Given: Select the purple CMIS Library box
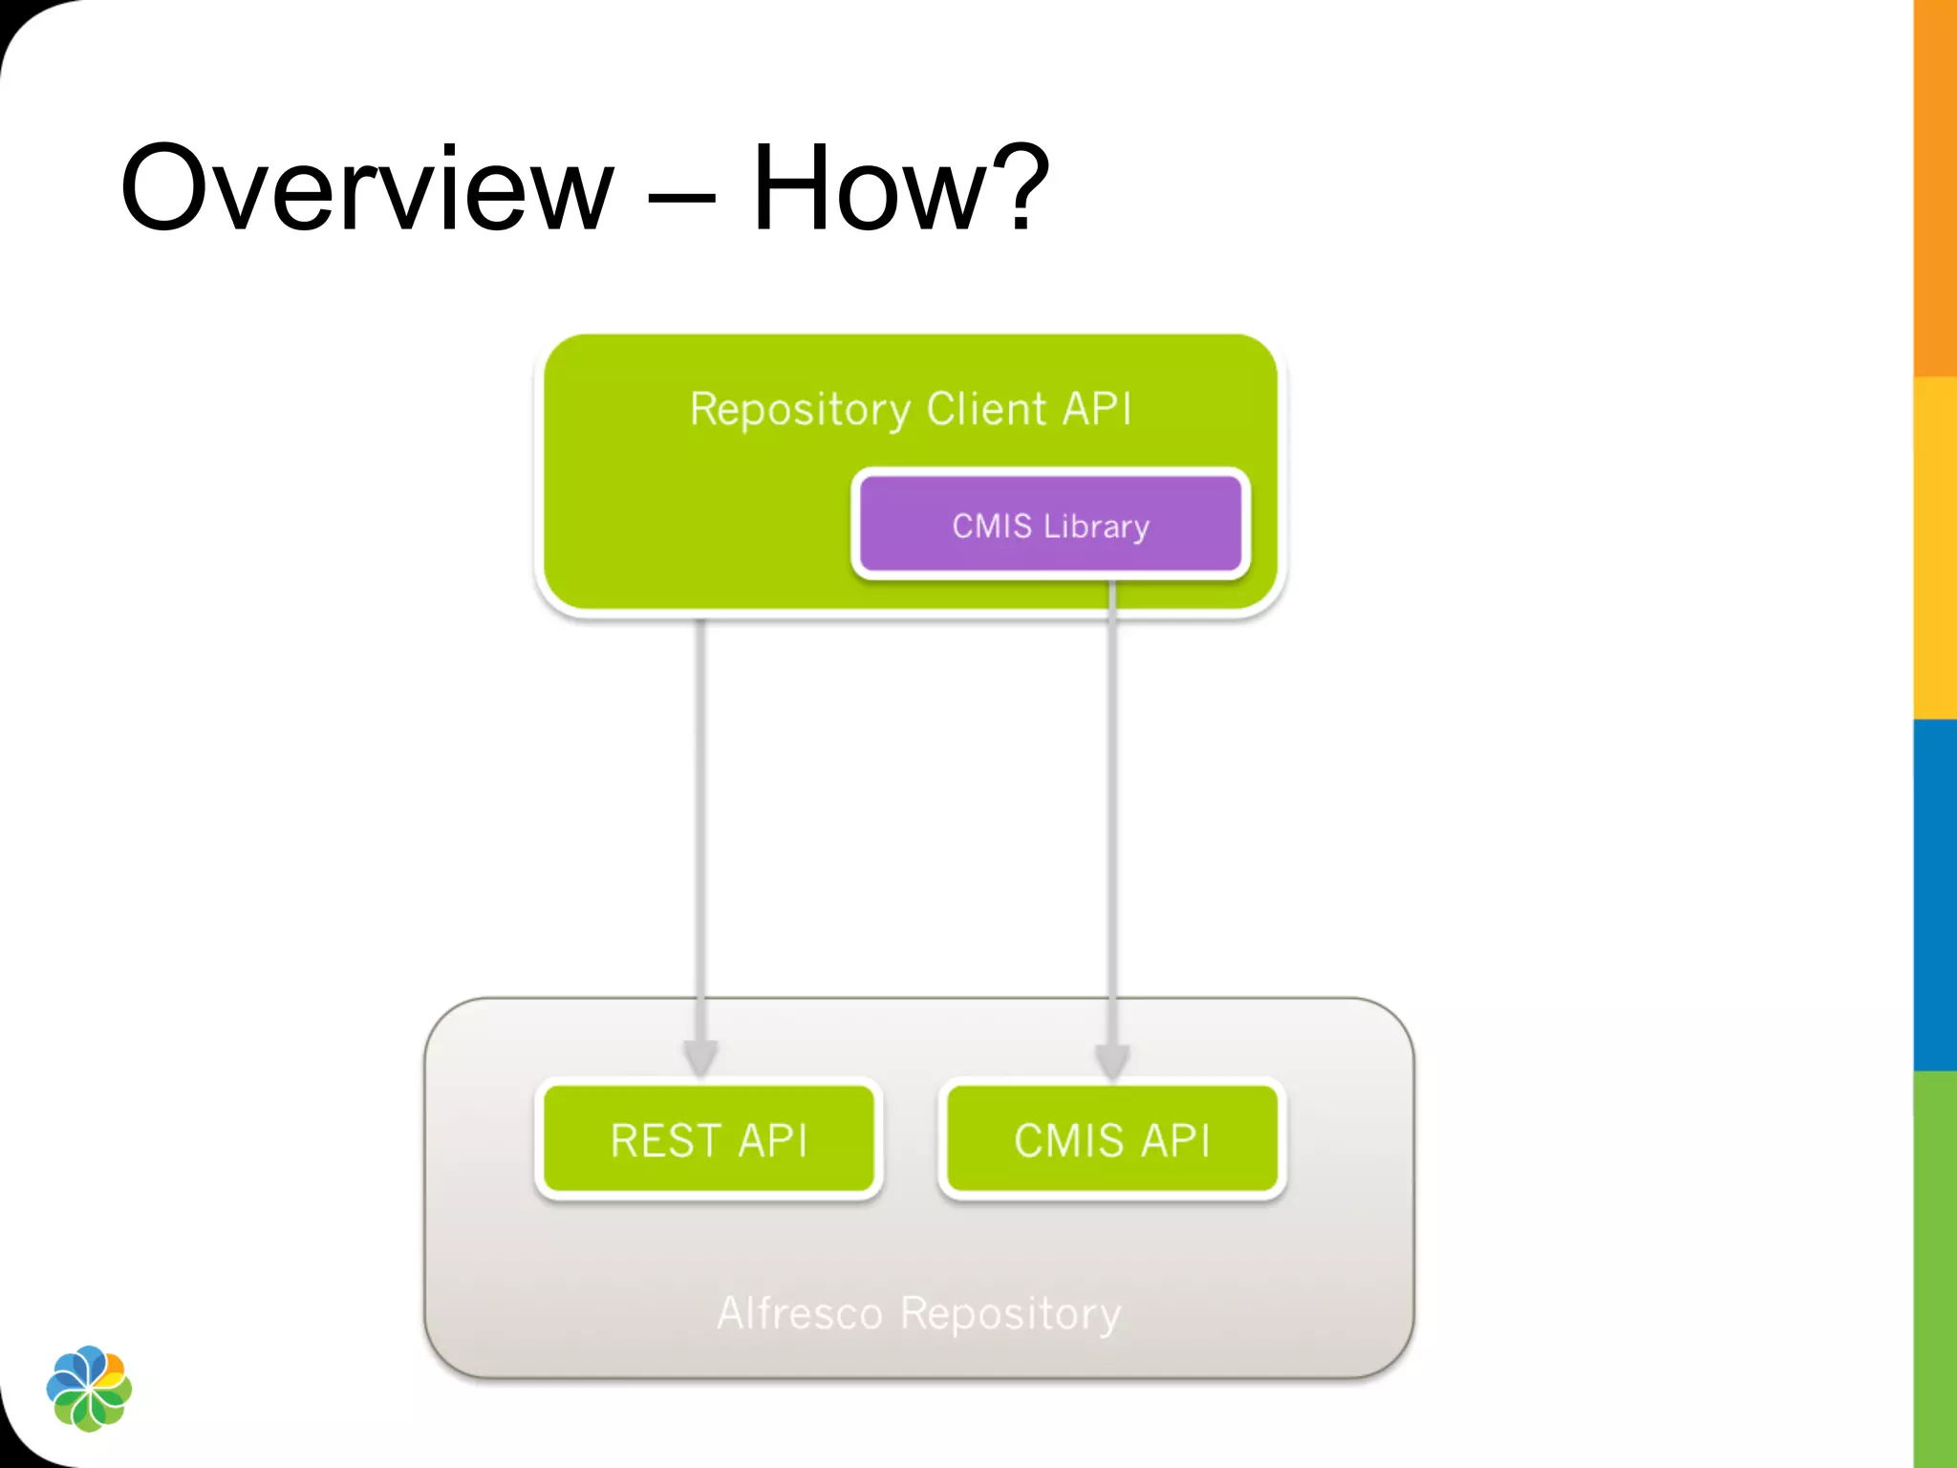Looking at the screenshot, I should (x=1050, y=525).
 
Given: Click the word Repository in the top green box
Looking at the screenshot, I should (x=800, y=410).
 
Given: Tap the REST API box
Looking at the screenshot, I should (x=708, y=1139).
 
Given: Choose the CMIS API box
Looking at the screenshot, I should (x=1112, y=1139).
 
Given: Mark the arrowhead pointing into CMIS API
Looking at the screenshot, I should (x=1112, y=1060).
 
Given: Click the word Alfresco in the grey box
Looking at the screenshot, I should (x=799, y=1313).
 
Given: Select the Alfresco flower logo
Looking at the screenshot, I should (x=89, y=1388).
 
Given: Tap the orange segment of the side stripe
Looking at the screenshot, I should (x=1935, y=186).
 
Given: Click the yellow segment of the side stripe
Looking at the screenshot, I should (x=1935, y=547).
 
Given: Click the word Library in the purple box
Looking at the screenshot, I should (x=1096, y=527).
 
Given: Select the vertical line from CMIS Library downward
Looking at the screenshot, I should (x=1112, y=812).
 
